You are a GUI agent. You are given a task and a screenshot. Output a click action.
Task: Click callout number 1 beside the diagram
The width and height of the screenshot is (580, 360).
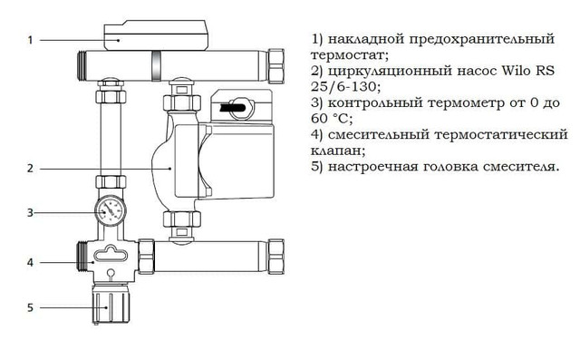[x=30, y=40]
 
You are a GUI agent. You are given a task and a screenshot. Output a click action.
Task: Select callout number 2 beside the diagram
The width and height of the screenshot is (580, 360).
[x=30, y=169]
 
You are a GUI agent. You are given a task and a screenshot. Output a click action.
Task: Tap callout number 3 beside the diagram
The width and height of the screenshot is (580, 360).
[x=30, y=213]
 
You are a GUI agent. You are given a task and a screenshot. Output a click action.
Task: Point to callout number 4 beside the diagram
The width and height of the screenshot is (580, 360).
[x=30, y=263]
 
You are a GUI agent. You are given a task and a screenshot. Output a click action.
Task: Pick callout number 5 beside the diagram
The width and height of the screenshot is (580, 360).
[x=30, y=307]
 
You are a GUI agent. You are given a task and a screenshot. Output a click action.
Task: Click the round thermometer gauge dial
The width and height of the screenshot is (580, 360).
[x=111, y=210]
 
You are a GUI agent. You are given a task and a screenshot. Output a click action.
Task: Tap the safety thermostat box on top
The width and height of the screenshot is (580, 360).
[x=156, y=35]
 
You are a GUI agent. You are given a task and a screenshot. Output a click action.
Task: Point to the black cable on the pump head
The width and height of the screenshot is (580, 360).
[x=232, y=108]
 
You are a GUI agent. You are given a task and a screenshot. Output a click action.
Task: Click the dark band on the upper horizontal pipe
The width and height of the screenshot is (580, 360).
[x=156, y=66]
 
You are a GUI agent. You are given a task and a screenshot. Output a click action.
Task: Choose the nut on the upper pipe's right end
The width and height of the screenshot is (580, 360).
[x=275, y=66]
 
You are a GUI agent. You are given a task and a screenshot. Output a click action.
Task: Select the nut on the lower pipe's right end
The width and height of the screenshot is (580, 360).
[x=275, y=257]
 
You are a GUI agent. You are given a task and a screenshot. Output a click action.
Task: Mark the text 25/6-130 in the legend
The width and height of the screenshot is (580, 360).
[x=345, y=86]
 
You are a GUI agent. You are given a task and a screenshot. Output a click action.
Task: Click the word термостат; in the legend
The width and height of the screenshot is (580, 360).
[x=350, y=55]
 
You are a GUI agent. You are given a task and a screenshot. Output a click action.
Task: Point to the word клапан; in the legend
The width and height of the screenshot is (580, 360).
[x=338, y=151]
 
